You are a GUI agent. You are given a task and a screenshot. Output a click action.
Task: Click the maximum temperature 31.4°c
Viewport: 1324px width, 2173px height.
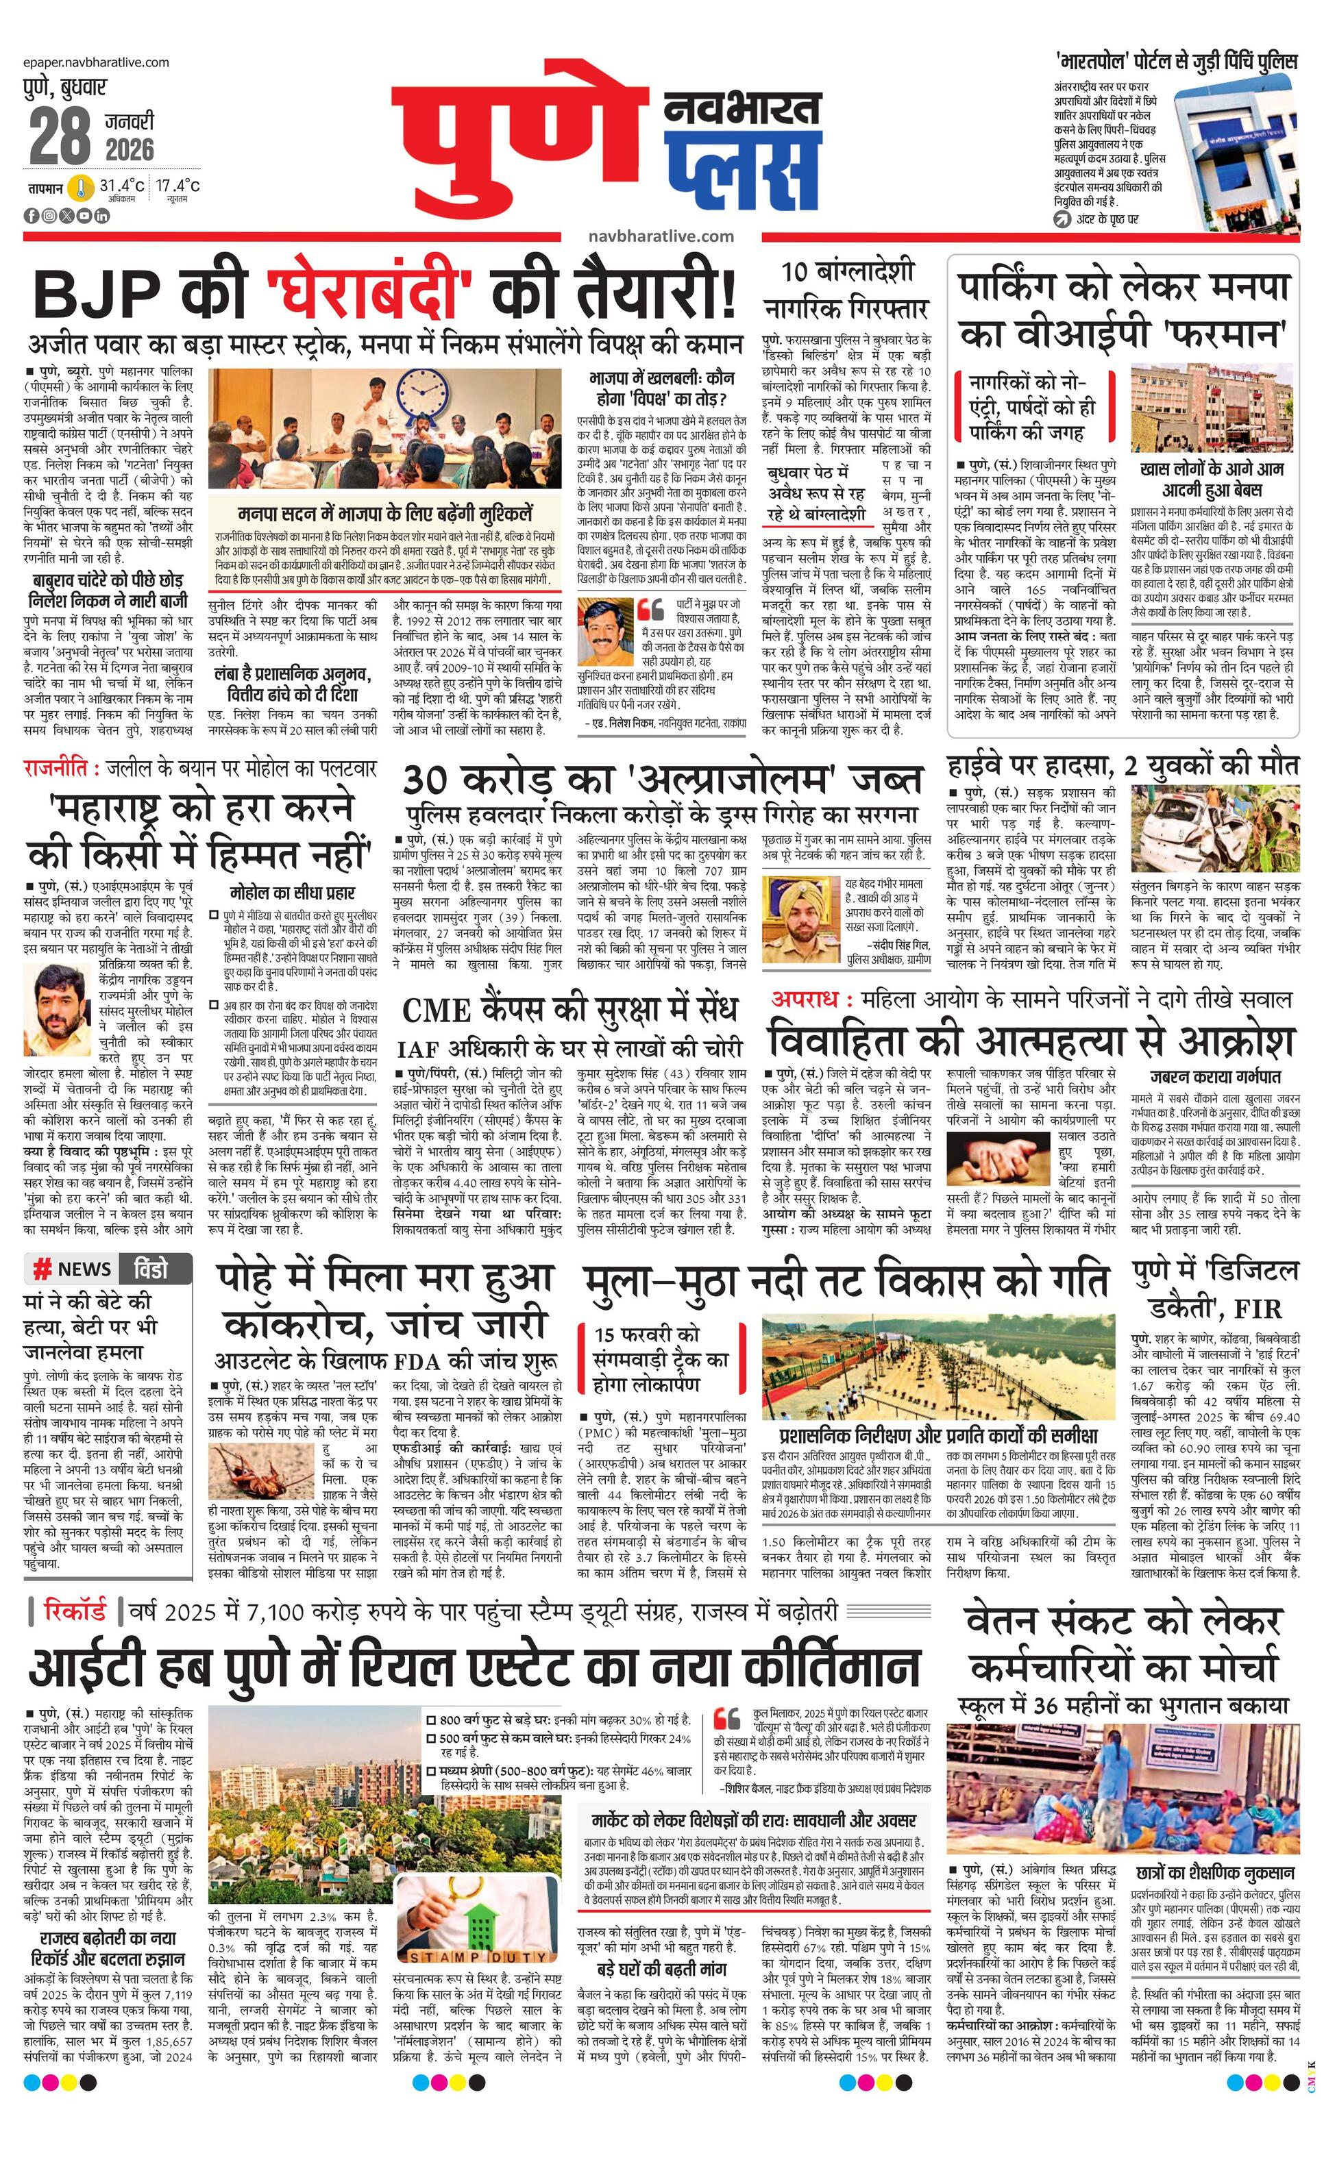pyautogui.click(x=122, y=186)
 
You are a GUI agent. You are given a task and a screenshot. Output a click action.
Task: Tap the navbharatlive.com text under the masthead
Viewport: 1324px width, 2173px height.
pyautogui.click(x=660, y=236)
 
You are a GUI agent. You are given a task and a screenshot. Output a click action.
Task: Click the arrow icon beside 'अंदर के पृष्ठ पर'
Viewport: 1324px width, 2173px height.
pyautogui.click(x=1062, y=218)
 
